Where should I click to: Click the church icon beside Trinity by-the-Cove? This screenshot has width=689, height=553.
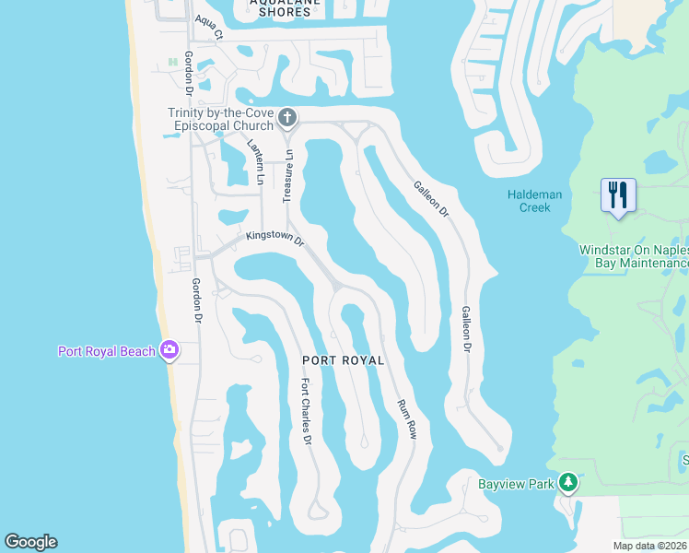[287, 118]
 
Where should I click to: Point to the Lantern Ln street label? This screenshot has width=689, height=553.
[255, 162]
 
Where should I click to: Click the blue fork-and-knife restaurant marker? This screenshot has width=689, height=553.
[617, 195]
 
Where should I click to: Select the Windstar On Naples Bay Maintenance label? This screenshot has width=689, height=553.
[634, 256]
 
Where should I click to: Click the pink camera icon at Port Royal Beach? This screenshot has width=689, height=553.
[169, 349]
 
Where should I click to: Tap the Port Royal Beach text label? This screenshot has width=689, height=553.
[106, 350]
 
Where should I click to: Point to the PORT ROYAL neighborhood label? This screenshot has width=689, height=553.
[343, 359]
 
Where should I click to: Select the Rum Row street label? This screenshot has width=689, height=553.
[406, 418]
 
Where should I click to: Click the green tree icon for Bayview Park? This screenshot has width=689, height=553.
[568, 482]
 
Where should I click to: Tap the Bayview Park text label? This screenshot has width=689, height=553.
[516, 483]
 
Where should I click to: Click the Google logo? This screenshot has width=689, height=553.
[30, 542]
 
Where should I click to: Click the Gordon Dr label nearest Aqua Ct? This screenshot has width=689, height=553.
[188, 73]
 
